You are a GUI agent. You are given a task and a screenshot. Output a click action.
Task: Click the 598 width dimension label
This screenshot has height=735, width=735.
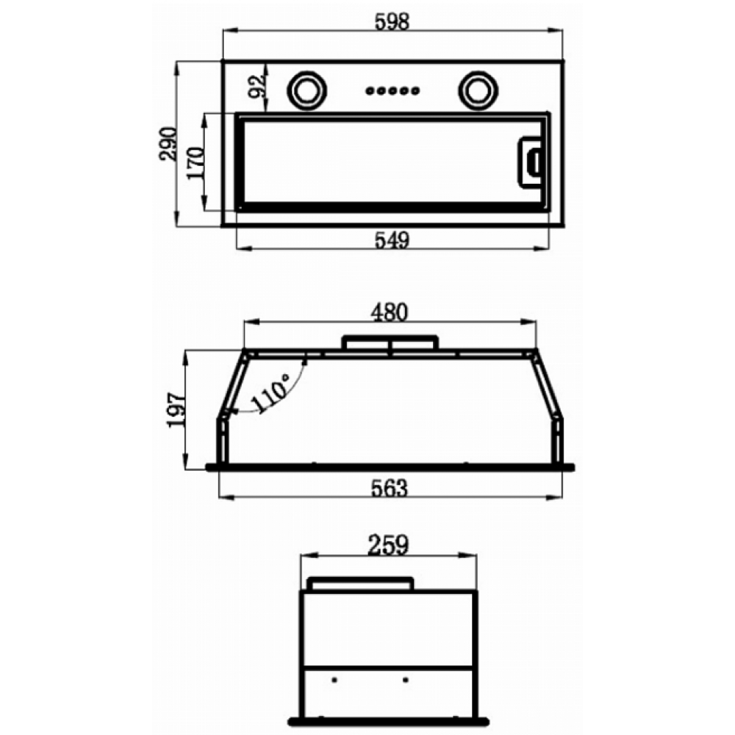pyautogui.click(x=392, y=21)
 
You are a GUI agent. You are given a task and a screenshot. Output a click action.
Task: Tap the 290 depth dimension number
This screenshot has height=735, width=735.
pyautogui.click(x=168, y=144)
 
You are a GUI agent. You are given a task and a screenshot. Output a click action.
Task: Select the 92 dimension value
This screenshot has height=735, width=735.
pyautogui.click(x=257, y=87)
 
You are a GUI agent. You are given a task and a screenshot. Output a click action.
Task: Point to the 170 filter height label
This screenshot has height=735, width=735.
pyautogui.click(x=196, y=162)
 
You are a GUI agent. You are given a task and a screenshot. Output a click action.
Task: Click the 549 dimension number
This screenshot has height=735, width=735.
pyautogui.click(x=392, y=240)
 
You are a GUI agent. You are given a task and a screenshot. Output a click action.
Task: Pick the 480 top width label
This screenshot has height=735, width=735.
pyautogui.click(x=390, y=312)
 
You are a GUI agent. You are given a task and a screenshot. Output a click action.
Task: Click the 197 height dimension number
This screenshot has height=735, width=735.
pyautogui.click(x=176, y=410)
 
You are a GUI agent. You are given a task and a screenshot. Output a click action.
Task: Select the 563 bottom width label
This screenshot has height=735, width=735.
pyautogui.click(x=390, y=488)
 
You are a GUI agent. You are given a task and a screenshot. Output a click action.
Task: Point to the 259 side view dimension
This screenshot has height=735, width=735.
pyautogui.click(x=388, y=545)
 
